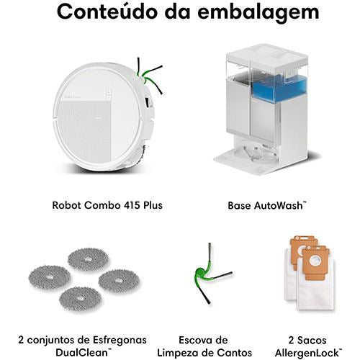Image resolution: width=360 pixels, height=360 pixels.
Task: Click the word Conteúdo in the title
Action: (x=107, y=12)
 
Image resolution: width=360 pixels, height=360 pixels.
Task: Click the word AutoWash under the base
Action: (x=279, y=206)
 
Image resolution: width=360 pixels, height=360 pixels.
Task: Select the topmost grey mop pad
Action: (x=88, y=259)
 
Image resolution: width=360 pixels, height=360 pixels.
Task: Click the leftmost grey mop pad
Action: (x=50, y=277)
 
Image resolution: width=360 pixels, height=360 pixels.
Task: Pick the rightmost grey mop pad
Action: (x=119, y=281)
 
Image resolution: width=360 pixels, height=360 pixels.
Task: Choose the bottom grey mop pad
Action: (x=80, y=299)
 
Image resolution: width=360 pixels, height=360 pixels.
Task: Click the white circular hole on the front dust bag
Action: (x=315, y=261)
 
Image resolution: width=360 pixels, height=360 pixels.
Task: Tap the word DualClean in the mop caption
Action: (x=81, y=353)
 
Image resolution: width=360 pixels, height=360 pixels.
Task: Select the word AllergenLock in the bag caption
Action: (x=307, y=354)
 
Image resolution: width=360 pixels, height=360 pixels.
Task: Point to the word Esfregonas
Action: (x=120, y=341)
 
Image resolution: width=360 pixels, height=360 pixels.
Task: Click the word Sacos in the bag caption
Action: (x=312, y=341)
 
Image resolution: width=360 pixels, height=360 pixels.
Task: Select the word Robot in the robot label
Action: (x=66, y=205)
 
